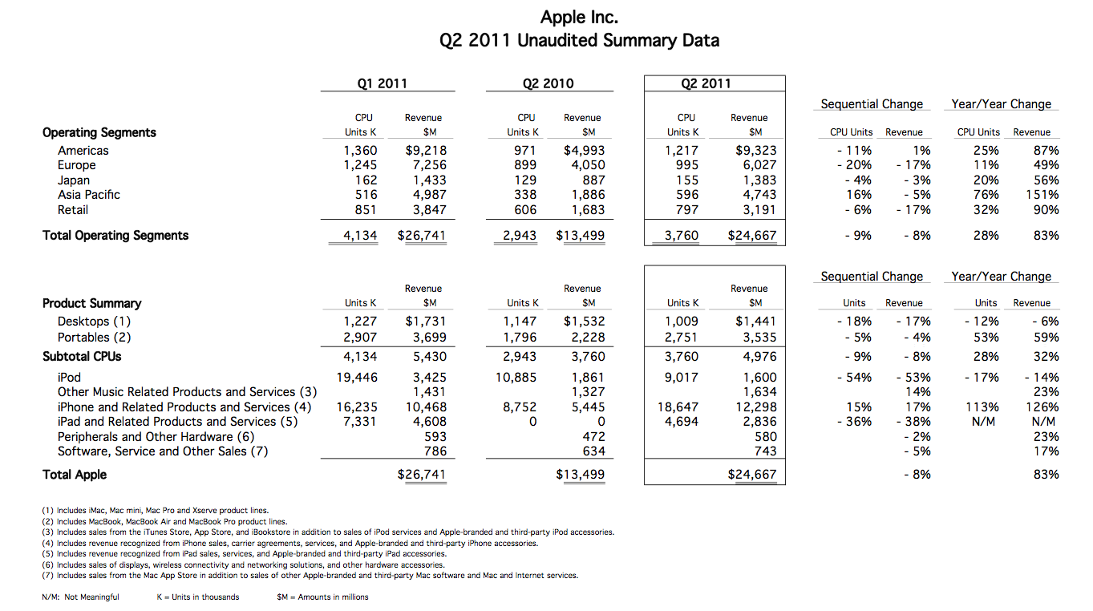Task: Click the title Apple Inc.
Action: [578, 17]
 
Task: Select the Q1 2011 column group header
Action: [382, 83]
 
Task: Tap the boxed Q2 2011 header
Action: [706, 83]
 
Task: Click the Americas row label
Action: [83, 150]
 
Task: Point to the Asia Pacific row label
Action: [89, 195]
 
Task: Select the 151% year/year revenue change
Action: [1042, 195]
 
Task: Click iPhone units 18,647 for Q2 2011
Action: [678, 407]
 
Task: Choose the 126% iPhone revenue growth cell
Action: [1042, 407]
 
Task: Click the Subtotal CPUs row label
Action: [82, 357]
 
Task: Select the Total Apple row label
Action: [74, 475]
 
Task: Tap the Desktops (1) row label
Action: [95, 322]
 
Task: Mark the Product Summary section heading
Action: [91, 303]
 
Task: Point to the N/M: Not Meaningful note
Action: [80, 597]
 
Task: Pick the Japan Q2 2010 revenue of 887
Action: [594, 180]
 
